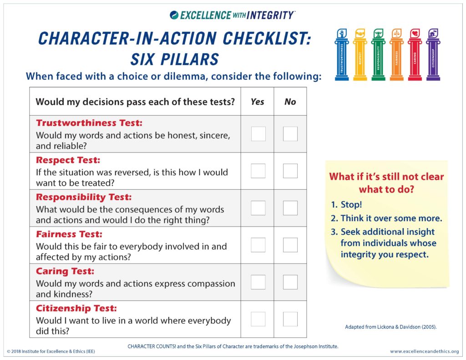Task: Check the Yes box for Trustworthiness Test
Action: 258,134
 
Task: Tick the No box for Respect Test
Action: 290,171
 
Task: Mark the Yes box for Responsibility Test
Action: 258,208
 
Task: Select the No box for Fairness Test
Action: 290,245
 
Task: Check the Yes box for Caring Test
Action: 258,282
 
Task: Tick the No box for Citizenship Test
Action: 290,319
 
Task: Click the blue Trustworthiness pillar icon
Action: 342,55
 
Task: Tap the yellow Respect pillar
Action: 360,55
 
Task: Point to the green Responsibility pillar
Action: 378,55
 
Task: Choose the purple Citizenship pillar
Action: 433,55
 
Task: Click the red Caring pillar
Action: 415,55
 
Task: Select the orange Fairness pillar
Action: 397,55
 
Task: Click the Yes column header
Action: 258,101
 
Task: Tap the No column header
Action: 290,101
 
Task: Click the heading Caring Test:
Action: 65,271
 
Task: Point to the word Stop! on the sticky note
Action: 351,204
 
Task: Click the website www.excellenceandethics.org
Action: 425,351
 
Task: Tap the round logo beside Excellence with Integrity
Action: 174,15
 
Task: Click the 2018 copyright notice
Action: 51,351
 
